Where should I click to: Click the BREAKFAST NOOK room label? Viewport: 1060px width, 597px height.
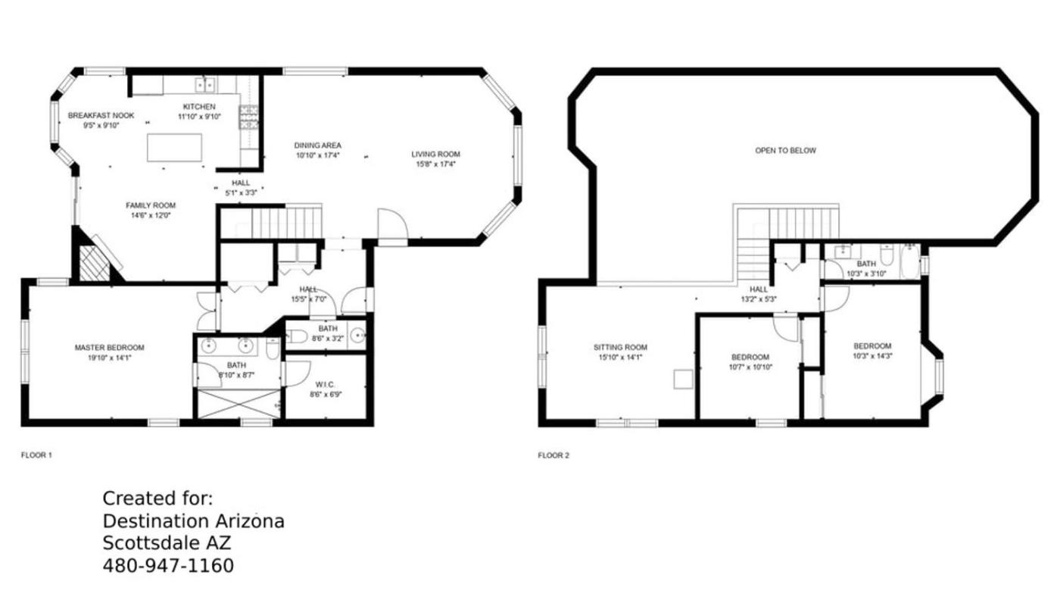click(x=101, y=115)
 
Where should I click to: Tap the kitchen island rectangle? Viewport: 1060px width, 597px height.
click(x=175, y=148)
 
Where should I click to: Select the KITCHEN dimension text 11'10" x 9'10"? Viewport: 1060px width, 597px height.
click(x=199, y=117)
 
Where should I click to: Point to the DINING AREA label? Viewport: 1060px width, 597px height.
click(x=317, y=145)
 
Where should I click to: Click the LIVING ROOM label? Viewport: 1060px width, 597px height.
click(x=435, y=155)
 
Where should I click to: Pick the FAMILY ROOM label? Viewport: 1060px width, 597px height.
click(x=151, y=205)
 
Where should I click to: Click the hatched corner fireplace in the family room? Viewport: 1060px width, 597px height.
click(x=95, y=263)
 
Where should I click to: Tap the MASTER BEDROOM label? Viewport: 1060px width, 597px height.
click(x=109, y=348)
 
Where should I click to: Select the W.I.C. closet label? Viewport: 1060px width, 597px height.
click(x=325, y=384)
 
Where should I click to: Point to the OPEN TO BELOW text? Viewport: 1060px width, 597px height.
click(x=786, y=151)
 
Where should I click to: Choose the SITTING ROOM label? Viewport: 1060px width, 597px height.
click(x=620, y=348)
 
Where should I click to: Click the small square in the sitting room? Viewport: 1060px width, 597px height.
click(x=683, y=380)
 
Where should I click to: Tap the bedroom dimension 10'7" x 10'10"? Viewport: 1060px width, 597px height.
click(x=750, y=367)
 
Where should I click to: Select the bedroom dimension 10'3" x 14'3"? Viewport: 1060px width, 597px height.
click(x=872, y=356)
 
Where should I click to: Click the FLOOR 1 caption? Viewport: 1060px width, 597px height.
click(x=36, y=455)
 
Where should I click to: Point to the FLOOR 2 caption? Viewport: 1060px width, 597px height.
click(x=553, y=455)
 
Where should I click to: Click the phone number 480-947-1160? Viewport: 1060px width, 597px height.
click(x=168, y=566)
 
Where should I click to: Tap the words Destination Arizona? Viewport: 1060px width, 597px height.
click(x=194, y=521)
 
